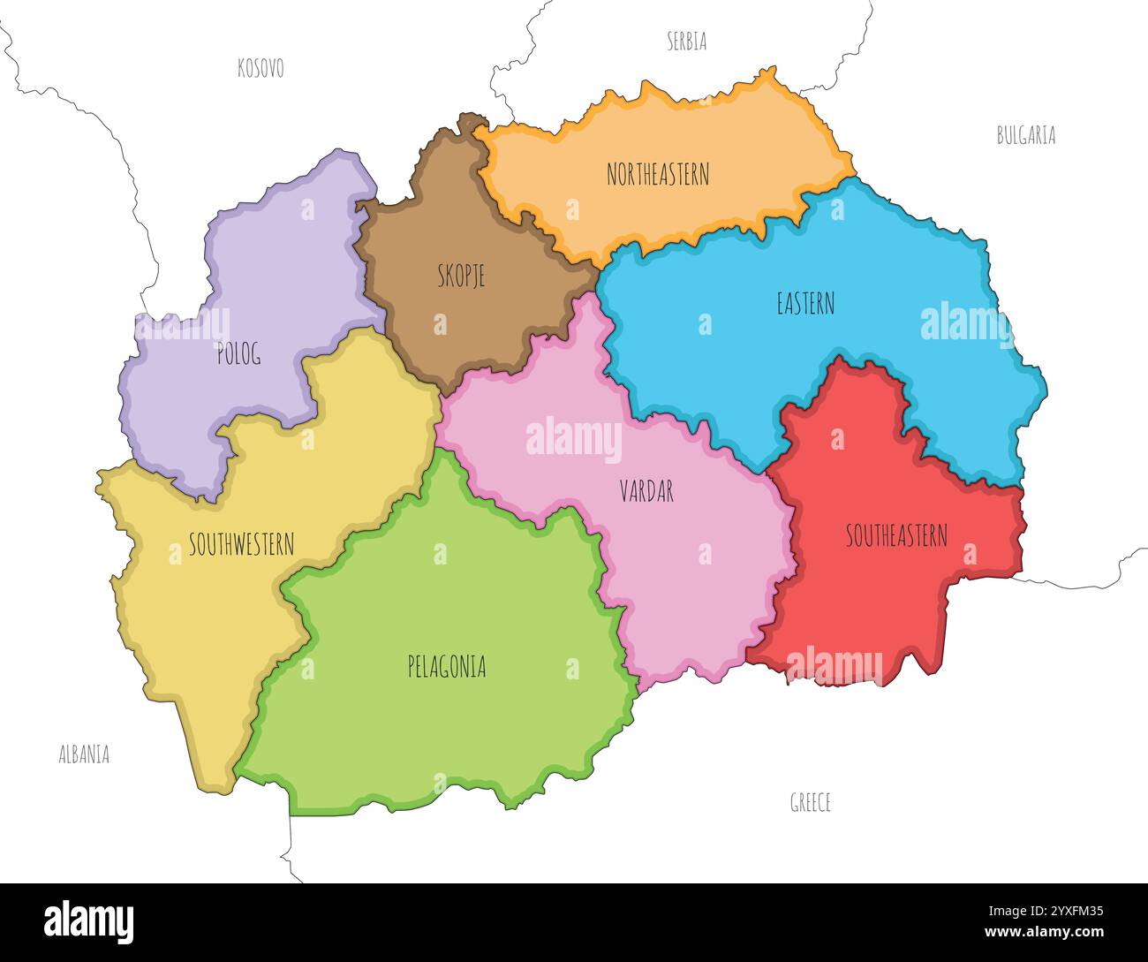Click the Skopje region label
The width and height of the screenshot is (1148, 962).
coord(461,276)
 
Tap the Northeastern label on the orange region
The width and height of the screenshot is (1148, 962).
coord(658,174)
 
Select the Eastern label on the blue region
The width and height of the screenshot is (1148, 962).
coord(805,304)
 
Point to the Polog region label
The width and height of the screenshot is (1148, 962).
coord(238,355)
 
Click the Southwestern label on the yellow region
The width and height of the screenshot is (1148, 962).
coord(241,544)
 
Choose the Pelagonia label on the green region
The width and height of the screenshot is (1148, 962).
coord(447,666)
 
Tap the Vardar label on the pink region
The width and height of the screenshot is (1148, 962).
coord(646,491)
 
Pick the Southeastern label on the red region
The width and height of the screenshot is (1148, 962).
coord(896,535)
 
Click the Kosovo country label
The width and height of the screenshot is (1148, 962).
coord(261,68)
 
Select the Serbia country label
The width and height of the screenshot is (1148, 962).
coord(686,41)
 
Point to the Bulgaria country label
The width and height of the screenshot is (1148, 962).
coord(1026,135)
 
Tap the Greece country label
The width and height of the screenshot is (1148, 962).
coord(810,802)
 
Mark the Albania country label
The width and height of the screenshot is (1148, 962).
coord(84,754)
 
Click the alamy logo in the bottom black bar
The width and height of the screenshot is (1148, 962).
coord(89,921)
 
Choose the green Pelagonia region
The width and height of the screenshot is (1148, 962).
coord(442,724)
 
